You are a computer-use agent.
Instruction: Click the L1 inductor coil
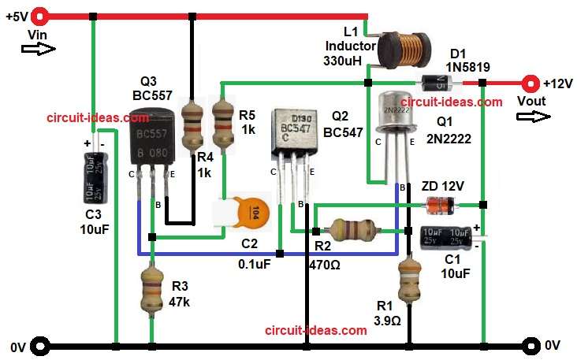(x=398, y=50)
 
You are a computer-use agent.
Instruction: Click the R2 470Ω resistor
(x=350, y=230)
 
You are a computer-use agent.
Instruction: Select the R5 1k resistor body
(x=225, y=123)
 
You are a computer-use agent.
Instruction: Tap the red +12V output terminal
(x=534, y=82)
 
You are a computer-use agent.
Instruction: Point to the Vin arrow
(x=39, y=50)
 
